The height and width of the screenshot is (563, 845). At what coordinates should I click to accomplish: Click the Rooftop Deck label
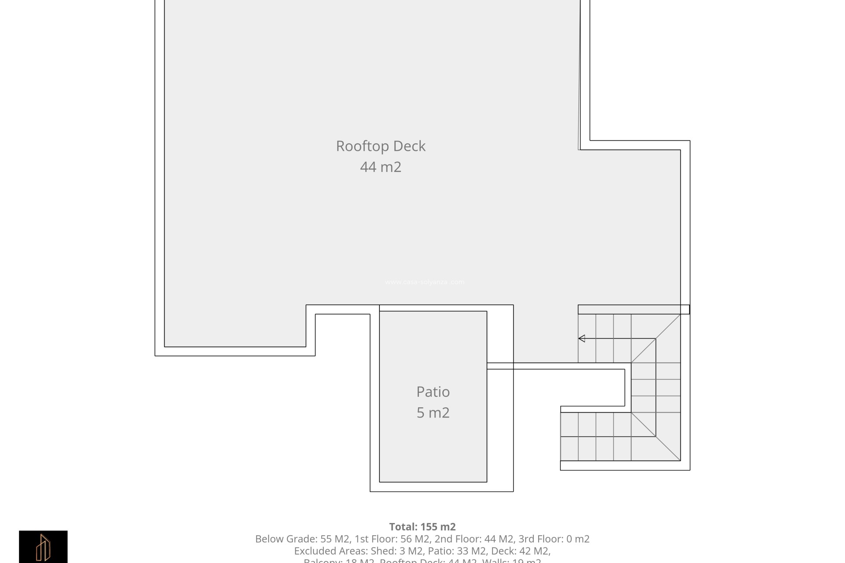tap(381, 146)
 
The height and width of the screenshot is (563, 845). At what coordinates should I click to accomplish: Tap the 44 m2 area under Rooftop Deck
tap(381, 167)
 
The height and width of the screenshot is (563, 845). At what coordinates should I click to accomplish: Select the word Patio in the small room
tap(433, 392)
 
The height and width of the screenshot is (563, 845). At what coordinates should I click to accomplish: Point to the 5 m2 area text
tap(433, 413)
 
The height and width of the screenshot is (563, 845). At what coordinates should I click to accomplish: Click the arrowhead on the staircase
tap(582, 338)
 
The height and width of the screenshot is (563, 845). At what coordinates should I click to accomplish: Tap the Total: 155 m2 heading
tap(422, 526)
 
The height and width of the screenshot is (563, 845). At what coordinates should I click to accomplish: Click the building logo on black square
tap(43, 547)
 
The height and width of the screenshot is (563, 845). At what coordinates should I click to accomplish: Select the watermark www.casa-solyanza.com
tap(425, 282)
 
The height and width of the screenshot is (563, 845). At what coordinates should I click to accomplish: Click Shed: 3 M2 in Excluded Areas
tap(397, 551)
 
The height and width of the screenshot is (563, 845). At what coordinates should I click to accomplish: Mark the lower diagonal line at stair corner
tap(656, 436)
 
